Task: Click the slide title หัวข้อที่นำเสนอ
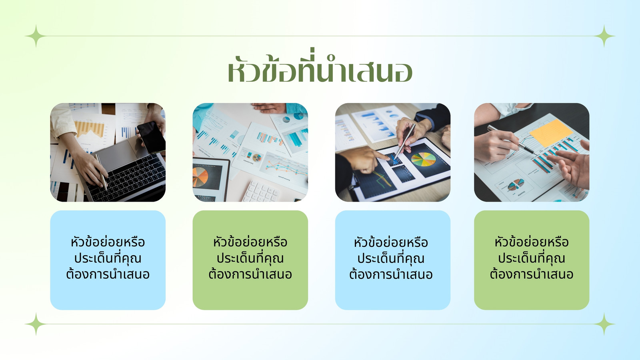[x=320, y=66]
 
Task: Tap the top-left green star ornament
[x=36, y=36]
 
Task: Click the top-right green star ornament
[x=604, y=36]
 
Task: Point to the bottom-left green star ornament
[x=36, y=324]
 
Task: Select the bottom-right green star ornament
[x=604, y=324]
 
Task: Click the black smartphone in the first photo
[x=151, y=138]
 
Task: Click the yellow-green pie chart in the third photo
[x=424, y=159]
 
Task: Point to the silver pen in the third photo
[x=404, y=142]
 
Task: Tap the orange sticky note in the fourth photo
[x=551, y=133]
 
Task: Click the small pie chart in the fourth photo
[x=516, y=184]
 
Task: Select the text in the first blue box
[x=108, y=258]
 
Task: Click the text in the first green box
[x=250, y=258]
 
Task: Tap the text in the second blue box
[x=390, y=258]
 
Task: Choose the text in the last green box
[x=532, y=258]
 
